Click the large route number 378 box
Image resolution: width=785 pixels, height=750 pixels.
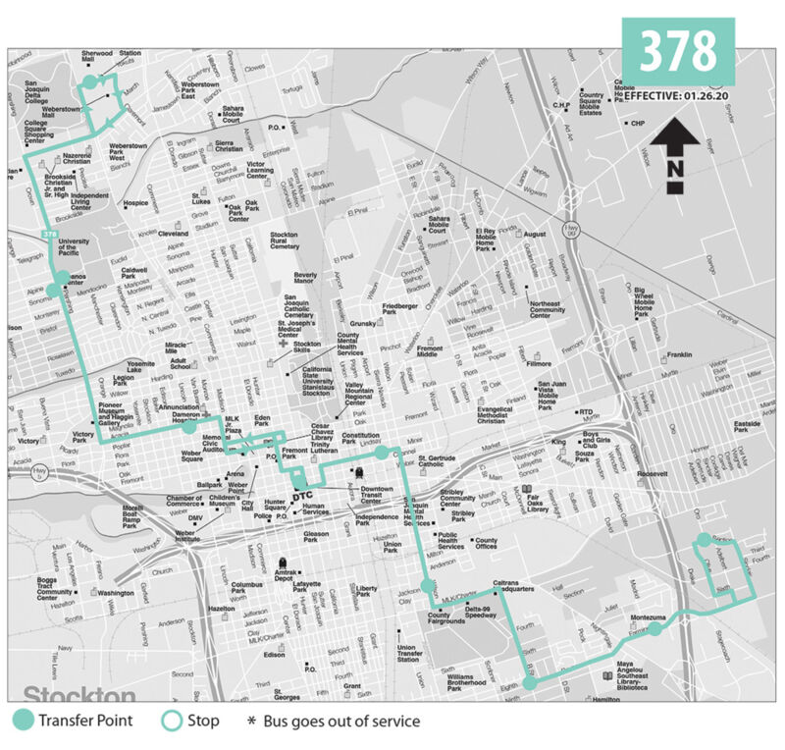click(x=678, y=51)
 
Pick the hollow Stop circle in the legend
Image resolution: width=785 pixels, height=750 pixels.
click(x=173, y=722)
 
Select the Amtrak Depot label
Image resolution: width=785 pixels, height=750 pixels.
click(x=285, y=573)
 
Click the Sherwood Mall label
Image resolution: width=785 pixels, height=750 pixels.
click(x=97, y=58)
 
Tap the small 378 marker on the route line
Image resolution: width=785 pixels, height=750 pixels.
click(x=50, y=234)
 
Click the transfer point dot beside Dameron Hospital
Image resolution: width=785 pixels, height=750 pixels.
click(x=188, y=427)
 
